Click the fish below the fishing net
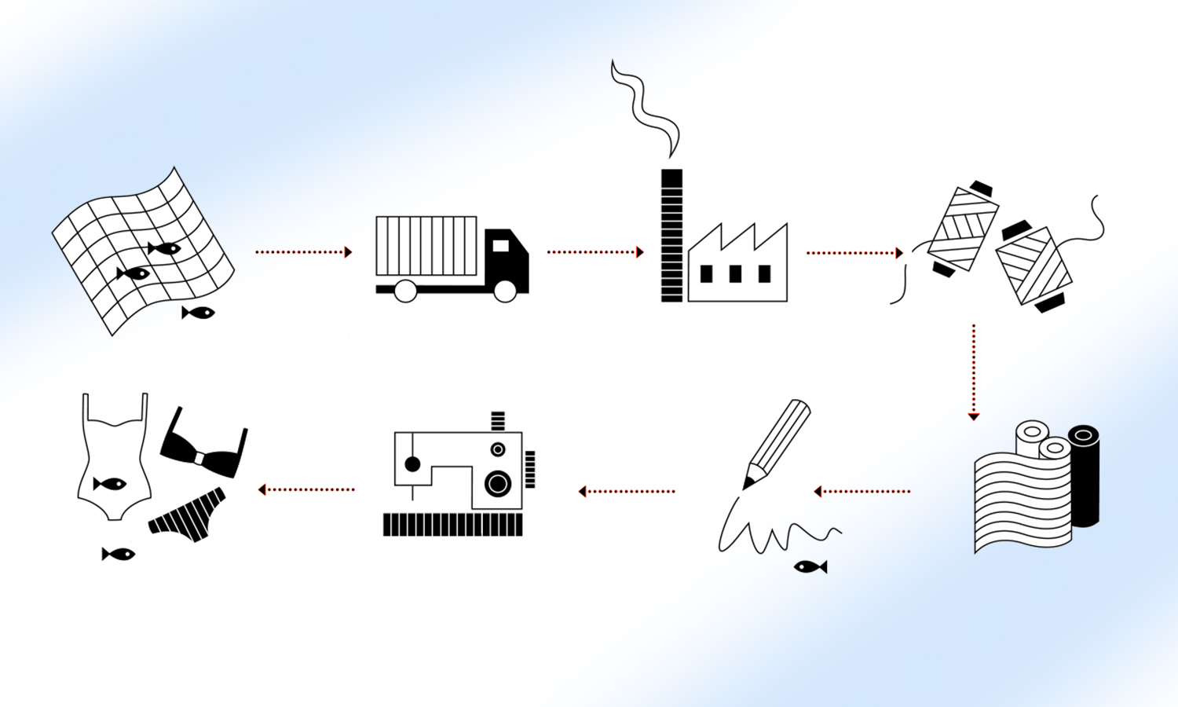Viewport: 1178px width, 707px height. tap(199, 313)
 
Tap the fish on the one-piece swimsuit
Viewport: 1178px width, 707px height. tap(110, 483)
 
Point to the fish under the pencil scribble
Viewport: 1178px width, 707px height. tap(810, 566)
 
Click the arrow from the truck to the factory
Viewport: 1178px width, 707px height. tap(595, 252)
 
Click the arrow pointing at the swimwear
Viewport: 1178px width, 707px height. tap(306, 489)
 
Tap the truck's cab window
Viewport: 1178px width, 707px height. tap(500, 246)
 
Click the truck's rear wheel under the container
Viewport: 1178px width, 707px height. tap(405, 291)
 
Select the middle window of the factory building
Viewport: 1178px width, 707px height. tap(735, 273)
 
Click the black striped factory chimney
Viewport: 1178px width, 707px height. tap(671, 236)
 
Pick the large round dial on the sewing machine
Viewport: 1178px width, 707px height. tap(497, 483)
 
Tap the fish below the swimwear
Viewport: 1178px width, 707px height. tap(119, 555)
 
